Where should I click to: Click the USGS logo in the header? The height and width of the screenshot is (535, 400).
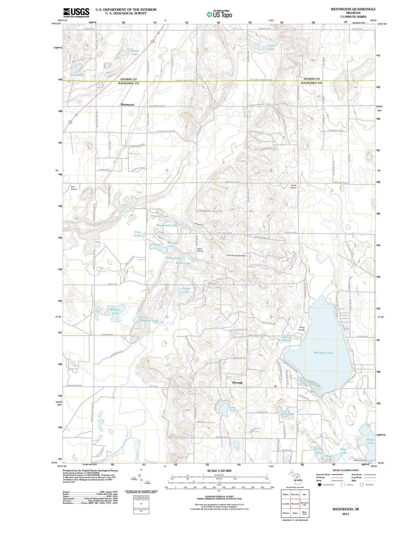pyautogui.click(x=76, y=13)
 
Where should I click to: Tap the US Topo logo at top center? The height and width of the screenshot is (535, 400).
pyautogui.click(x=219, y=14)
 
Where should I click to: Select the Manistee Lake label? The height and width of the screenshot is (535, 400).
pyautogui.click(x=323, y=353)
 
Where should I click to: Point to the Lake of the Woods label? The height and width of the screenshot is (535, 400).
pyautogui.click(x=286, y=338)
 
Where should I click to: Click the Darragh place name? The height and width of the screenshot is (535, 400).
pyautogui.click(x=237, y=382)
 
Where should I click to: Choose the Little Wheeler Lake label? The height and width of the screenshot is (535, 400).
pyautogui.click(x=149, y=319)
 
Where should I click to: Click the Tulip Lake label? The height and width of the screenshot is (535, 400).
pyautogui.click(x=271, y=47)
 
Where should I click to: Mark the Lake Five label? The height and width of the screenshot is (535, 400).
pyautogui.click(x=232, y=409)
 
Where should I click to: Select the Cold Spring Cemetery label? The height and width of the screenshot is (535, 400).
pyautogui.click(x=236, y=255)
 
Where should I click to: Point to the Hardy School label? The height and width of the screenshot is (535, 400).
pyautogui.click(x=293, y=187)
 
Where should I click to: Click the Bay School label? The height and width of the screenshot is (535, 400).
pyautogui.click(x=74, y=188)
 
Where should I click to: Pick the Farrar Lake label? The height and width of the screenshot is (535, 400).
pyautogui.click(x=186, y=290)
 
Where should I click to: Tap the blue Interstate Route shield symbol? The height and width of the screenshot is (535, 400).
pyautogui.click(x=320, y=484)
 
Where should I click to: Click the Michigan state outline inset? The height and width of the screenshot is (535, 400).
pyautogui.click(x=295, y=475)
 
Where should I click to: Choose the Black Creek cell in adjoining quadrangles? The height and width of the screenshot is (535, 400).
pyautogui.click(x=304, y=513)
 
